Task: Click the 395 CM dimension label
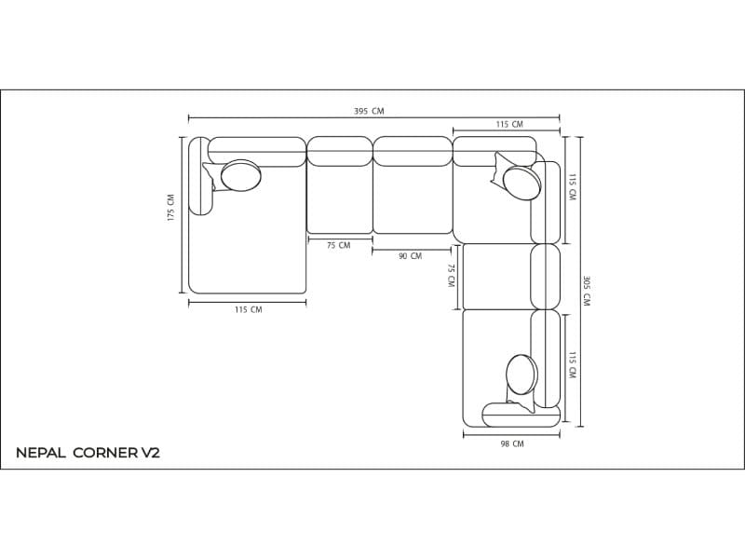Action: point(369,111)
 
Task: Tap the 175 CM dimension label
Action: point(171,207)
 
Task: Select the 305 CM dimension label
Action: point(587,291)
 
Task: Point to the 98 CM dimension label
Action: point(511,444)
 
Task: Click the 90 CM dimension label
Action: point(410,256)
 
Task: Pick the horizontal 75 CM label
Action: point(338,245)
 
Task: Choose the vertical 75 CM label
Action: point(451,275)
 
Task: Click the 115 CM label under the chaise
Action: point(248,310)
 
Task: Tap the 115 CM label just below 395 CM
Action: point(509,125)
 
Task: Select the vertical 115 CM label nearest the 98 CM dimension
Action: point(572,365)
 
